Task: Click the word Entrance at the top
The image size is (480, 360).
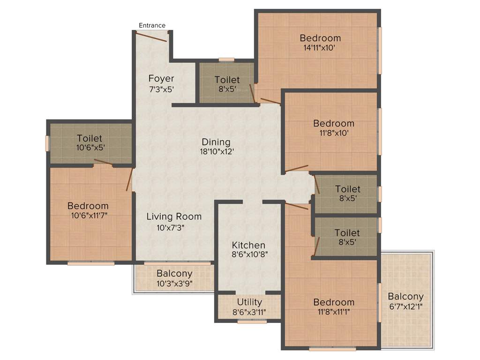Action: pos(152,25)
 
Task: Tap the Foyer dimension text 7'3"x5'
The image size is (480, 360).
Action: pos(161,89)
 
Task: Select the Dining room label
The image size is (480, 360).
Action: pos(216,142)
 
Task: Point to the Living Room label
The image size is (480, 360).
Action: pos(174,217)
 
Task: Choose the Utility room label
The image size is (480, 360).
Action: pos(249,302)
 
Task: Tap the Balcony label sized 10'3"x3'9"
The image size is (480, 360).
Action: pos(174,273)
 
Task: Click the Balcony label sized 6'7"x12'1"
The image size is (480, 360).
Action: pos(405,296)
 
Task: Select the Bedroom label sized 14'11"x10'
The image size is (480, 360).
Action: pos(320,38)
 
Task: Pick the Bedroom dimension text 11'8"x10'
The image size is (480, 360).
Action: pos(334,133)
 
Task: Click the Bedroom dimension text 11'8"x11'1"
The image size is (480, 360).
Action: pos(334,312)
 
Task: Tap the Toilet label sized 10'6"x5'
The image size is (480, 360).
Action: pos(90,138)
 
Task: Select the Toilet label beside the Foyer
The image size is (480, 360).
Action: pos(227,80)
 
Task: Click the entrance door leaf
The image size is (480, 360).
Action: pos(151,37)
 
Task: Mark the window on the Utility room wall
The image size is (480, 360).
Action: pos(252,322)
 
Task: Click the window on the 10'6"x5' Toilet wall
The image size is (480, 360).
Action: pos(47,143)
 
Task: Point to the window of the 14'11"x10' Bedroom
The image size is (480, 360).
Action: pos(380,50)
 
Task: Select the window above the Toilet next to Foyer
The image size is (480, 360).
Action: pos(226,60)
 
